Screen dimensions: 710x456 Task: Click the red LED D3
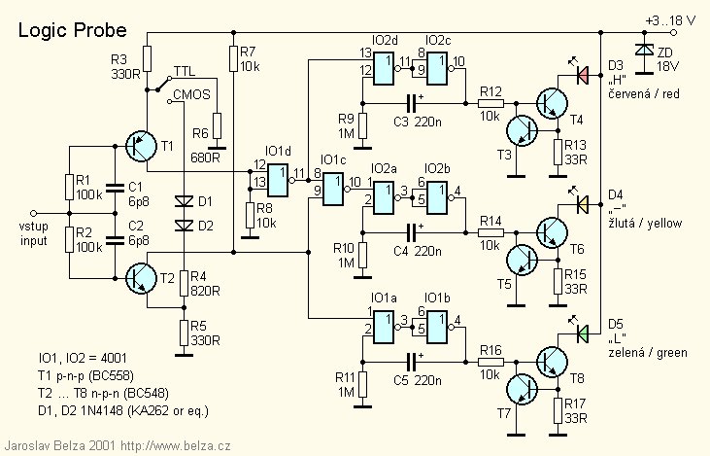[583, 75]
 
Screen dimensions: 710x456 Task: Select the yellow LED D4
[583, 204]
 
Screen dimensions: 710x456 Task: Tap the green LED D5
[583, 334]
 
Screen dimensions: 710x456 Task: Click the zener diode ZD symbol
[644, 49]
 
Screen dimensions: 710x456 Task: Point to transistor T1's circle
[140, 146]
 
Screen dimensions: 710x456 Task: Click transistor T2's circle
[140, 278]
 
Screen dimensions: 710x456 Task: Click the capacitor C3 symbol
[411, 103]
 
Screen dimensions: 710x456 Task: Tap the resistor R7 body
[233, 58]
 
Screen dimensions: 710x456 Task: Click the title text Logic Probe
[73, 30]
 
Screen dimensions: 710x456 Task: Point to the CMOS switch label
[191, 94]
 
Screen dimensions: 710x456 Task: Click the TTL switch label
[185, 71]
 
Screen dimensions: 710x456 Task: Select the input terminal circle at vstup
[33, 213]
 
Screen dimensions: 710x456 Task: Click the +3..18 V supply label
[671, 20]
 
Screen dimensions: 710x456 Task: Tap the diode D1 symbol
[184, 200]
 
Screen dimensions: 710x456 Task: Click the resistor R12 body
[490, 103]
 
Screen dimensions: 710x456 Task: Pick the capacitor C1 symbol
[114, 188]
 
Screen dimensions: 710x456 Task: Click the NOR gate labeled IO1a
[384, 328]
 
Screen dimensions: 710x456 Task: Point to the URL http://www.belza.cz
[176, 446]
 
